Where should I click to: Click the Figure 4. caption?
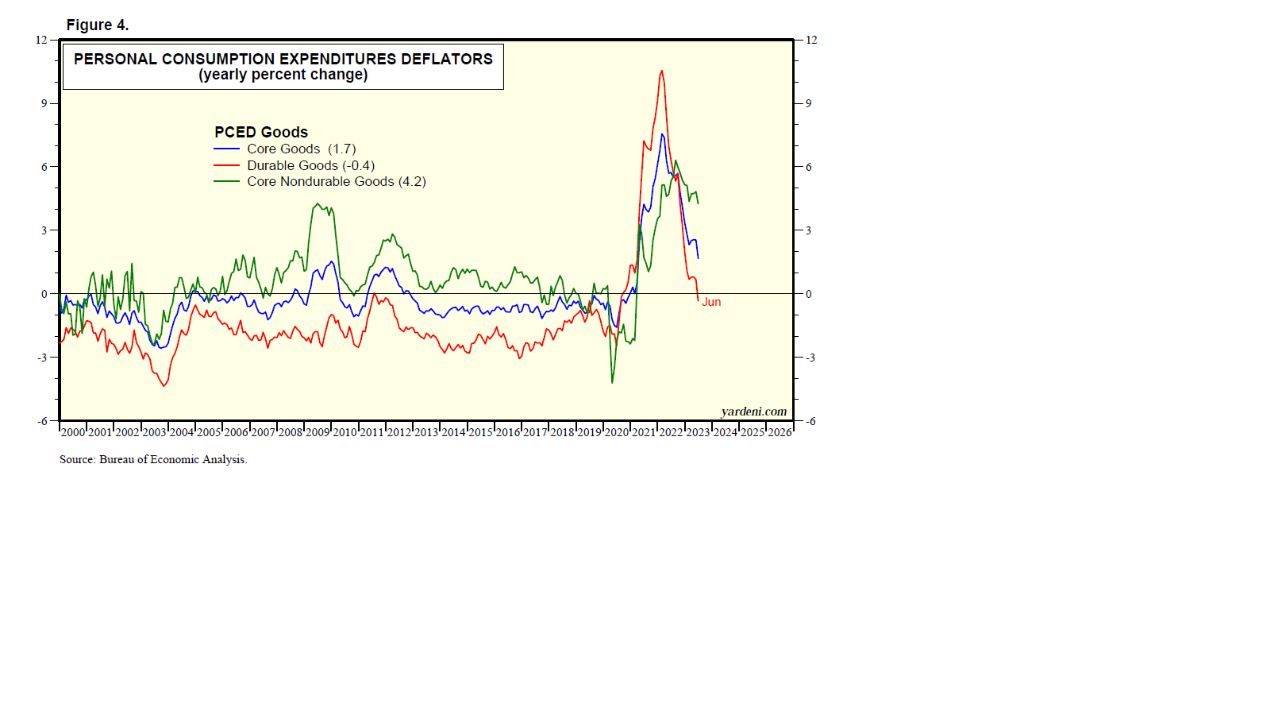click(98, 25)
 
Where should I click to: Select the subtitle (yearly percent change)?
click(283, 75)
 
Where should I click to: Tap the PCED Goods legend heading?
click(261, 132)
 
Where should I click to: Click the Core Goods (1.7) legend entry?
click(301, 149)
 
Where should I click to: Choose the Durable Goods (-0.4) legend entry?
click(310, 165)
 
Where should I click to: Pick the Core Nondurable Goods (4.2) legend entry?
click(336, 181)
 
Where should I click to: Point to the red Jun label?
click(711, 302)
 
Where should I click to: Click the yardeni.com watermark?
click(753, 412)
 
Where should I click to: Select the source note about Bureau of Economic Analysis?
click(153, 459)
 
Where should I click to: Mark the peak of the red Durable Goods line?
click(661, 71)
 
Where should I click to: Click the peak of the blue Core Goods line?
click(662, 134)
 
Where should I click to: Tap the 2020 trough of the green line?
click(612, 383)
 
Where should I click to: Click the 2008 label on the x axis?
click(291, 432)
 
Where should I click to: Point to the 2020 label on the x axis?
click(617, 432)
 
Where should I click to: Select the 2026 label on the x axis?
click(780, 432)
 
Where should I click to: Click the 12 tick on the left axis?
click(41, 40)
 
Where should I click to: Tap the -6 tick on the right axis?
click(810, 421)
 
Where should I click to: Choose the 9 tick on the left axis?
click(44, 103)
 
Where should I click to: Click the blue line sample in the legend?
click(226, 149)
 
